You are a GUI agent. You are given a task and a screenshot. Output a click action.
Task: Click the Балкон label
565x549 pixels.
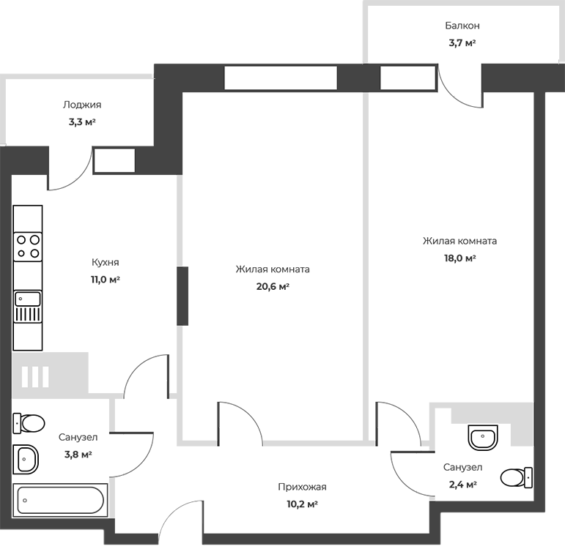point(462,26)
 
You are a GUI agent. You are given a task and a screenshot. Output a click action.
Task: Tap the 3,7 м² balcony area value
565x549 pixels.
point(462,43)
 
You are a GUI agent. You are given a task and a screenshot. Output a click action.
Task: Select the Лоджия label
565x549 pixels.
point(82,105)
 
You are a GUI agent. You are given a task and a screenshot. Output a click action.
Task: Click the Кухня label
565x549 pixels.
point(106,263)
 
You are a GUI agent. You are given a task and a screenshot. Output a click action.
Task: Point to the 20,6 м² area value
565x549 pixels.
point(273,286)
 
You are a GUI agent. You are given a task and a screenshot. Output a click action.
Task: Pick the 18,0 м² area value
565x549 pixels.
point(459,258)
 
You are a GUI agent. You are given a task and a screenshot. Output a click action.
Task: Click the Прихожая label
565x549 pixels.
point(302,487)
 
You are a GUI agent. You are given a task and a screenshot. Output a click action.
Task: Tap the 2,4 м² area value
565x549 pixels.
point(462,485)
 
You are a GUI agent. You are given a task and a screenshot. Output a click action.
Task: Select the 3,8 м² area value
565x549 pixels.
point(78,455)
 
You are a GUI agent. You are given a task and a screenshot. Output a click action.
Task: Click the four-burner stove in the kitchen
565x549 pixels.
point(28,247)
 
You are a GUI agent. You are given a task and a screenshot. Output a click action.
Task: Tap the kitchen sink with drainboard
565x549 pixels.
point(28,307)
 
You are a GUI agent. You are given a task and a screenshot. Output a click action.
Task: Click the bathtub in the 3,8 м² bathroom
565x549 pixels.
point(60,500)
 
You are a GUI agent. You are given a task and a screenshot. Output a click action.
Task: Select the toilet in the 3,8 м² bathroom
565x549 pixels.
point(29,423)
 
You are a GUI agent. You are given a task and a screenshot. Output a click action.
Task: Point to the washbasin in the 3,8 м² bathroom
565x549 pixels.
point(26,460)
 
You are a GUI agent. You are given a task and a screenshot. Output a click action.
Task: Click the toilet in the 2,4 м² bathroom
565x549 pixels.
point(517,477)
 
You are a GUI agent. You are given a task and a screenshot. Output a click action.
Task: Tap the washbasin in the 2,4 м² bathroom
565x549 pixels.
point(483,438)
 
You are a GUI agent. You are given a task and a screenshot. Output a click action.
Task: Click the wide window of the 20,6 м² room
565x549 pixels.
point(281,78)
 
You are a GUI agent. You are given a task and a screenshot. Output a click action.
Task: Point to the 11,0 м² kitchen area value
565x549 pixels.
point(106,280)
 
